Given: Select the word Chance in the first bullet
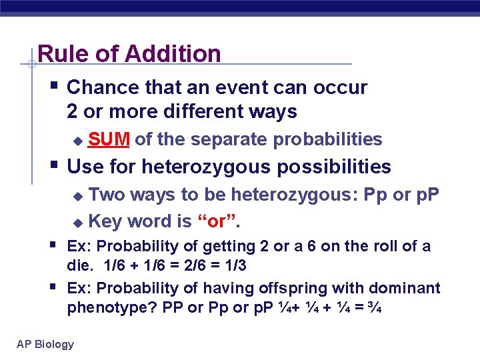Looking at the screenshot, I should point(101,87).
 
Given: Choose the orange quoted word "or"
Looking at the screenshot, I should point(218,221).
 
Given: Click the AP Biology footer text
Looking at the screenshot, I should point(45,344).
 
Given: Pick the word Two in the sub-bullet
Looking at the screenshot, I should point(107,195).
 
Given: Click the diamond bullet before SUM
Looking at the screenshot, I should point(78,141).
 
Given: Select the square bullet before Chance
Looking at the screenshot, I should point(54,85).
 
